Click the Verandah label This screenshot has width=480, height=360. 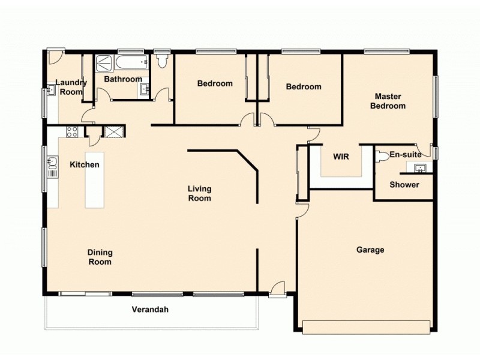pyautogui.click(x=150, y=310)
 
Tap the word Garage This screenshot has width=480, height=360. pyautogui.click(x=370, y=250)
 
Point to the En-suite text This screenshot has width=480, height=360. pyautogui.click(x=405, y=155)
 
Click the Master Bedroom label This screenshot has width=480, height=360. pyautogui.click(x=388, y=101)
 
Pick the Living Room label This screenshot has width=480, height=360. pyautogui.click(x=199, y=193)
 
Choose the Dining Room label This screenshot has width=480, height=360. pyautogui.click(x=100, y=257)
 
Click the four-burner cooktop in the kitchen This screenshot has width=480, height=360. pyautogui.click(x=72, y=132)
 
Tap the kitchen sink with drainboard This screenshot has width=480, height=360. pyautogui.click(x=53, y=166)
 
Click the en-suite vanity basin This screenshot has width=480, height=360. pyautogui.click(x=421, y=167)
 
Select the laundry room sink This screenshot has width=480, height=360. pyautogui.click(x=52, y=91)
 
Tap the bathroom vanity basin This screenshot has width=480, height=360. pyautogui.click(x=145, y=89)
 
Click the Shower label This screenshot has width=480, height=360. pyautogui.click(x=404, y=185)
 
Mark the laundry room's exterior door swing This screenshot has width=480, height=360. pyautogui.click(x=55, y=58)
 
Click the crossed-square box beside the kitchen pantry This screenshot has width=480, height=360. pyautogui.click(x=113, y=132)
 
